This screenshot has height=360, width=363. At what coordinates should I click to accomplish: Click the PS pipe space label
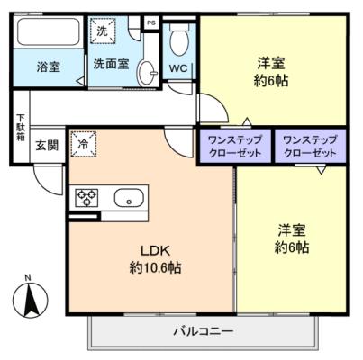click(x=151, y=22)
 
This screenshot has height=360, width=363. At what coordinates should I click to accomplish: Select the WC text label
click(x=178, y=68)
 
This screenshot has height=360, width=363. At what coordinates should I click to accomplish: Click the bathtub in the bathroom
click(x=49, y=32)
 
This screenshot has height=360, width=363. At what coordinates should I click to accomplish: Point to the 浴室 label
click(x=49, y=67)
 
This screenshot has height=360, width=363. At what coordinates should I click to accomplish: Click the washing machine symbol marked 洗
click(x=103, y=31)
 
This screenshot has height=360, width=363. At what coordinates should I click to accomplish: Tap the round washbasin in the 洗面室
click(x=148, y=73)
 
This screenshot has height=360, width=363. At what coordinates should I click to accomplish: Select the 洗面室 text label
click(x=111, y=64)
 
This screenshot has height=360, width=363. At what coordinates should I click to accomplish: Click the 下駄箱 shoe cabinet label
click(x=21, y=128)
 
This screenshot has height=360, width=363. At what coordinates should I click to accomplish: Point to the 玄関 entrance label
click(x=47, y=146)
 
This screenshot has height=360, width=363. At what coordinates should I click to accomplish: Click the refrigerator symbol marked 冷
click(x=83, y=144)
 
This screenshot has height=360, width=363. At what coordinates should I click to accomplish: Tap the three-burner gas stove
click(x=86, y=198)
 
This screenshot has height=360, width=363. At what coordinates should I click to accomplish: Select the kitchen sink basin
click(x=129, y=198)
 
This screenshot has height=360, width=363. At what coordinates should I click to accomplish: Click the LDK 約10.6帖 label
click(x=156, y=258)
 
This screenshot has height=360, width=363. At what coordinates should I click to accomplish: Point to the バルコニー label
click(x=204, y=331)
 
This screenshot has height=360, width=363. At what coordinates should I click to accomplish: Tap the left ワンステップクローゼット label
click(x=235, y=147)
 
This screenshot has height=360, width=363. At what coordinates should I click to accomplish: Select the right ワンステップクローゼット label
click(x=310, y=147)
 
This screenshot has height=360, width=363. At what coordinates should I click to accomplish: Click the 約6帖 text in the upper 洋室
click(x=271, y=80)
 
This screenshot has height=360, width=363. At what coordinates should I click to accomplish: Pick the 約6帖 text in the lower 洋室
click(x=292, y=247)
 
